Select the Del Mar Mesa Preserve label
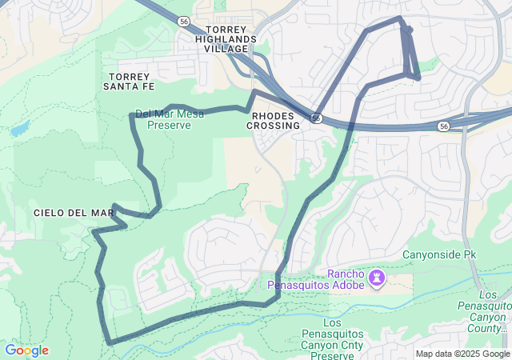pyautogui.click(x=170, y=119)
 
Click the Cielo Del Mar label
pyautogui.click(x=74, y=212)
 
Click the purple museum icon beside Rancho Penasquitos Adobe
pyautogui.click(x=377, y=278)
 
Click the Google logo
pyautogui.click(x=26, y=350)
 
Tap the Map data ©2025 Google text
pyautogui.click(x=462, y=354)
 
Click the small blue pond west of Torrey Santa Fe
pyautogui.click(x=20, y=128)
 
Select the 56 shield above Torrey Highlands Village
pyautogui.click(x=185, y=21)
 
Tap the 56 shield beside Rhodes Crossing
pyautogui.click(x=317, y=118)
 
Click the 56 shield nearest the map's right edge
pyautogui.click(x=443, y=126)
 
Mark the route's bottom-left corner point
pyautogui.click(x=108, y=342)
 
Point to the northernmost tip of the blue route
pyautogui.click(x=399, y=17)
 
